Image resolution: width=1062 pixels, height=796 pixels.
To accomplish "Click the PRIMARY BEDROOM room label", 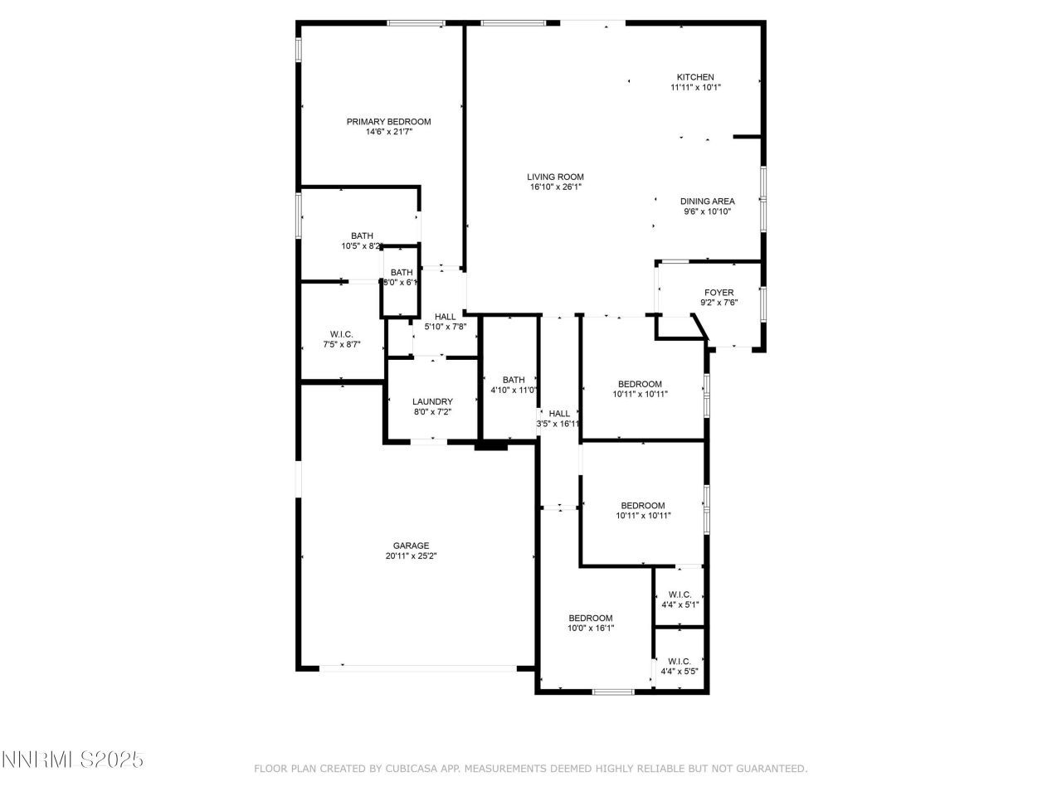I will pyautogui.click(x=388, y=122).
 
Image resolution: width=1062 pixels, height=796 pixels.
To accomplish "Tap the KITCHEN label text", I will pyautogui.click(x=694, y=77).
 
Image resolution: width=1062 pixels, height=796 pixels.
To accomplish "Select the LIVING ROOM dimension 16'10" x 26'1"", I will pyautogui.click(x=555, y=187).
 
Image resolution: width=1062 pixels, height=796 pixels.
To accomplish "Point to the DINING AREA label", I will pyautogui.click(x=707, y=201).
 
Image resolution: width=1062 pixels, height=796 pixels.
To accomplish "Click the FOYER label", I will pyautogui.click(x=719, y=293).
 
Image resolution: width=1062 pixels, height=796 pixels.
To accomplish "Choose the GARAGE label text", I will pyautogui.click(x=411, y=546).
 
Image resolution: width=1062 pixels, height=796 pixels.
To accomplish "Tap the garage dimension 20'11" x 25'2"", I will pyautogui.click(x=411, y=556).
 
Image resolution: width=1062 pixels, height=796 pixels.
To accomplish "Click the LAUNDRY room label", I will pyautogui.click(x=432, y=401).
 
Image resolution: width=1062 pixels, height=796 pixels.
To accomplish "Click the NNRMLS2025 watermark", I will pyautogui.click(x=73, y=760).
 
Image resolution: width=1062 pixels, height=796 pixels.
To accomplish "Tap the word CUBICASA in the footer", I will pyautogui.click(x=412, y=769).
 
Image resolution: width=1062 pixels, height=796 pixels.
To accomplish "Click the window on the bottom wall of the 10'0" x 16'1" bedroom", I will pyautogui.click(x=612, y=691).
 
